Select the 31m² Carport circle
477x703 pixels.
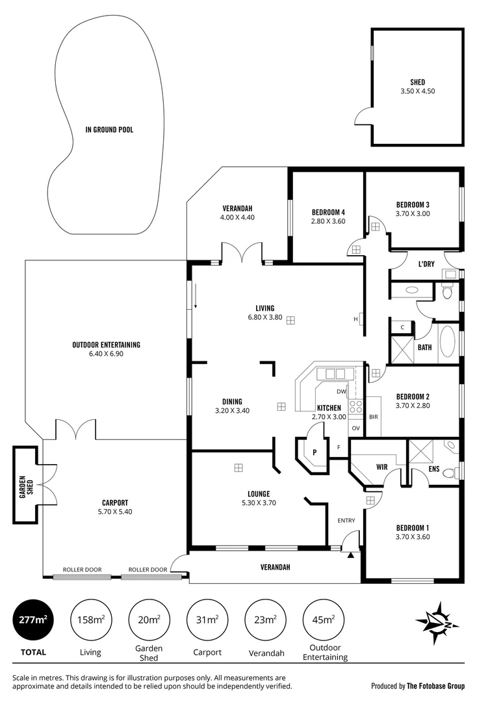207,620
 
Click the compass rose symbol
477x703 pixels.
437,623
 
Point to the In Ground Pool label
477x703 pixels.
109,130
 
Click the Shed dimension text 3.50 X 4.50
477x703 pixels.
417,91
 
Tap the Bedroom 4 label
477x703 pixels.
328,212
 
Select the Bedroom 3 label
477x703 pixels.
413,204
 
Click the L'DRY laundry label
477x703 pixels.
426,264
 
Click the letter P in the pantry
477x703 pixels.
315,452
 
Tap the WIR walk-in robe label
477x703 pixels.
382,467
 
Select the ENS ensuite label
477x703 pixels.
434,468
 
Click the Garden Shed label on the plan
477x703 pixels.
25,485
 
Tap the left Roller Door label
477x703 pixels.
82,570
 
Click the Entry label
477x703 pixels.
346,520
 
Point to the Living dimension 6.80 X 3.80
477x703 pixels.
264,318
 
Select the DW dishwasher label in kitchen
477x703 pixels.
341,391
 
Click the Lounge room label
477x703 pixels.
258,493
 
